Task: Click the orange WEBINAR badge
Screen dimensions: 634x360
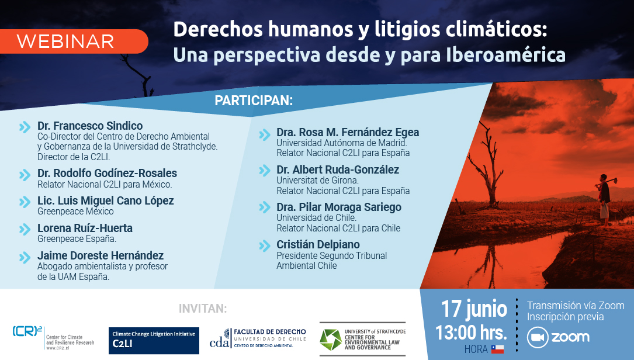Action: click(x=74, y=41)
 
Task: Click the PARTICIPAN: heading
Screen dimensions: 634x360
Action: click(x=254, y=101)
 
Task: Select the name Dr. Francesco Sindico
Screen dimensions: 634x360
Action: click(x=90, y=126)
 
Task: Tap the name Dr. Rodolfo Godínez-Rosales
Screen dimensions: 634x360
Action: click(x=107, y=173)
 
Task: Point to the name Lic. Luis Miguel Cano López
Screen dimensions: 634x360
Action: click(x=106, y=200)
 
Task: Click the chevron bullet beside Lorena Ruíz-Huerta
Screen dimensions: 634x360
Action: click(x=25, y=229)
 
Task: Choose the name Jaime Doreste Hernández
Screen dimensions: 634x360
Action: click(x=101, y=255)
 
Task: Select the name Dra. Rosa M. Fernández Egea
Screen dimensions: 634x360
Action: click(x=348, y=132)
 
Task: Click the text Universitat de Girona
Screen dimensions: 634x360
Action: click(x=317, y=181)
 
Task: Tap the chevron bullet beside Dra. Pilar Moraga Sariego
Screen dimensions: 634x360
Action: click(x=265, y=207)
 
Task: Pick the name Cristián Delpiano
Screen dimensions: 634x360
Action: click(x=318, y=244)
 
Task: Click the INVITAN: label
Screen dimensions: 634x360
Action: click(x=203, y=309)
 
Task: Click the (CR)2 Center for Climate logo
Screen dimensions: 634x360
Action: click(x=53, y=337)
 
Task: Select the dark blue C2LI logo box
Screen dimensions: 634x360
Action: click(x=154, y=341)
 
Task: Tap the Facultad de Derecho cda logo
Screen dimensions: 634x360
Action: click(x=258, y=338)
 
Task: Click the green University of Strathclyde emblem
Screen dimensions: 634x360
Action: click(x=331, y=340)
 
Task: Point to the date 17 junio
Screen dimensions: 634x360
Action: click(x=473, y=309)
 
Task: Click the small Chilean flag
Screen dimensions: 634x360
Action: click(x=497, y=349)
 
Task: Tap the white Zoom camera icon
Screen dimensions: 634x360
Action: click(x=538, y=337)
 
